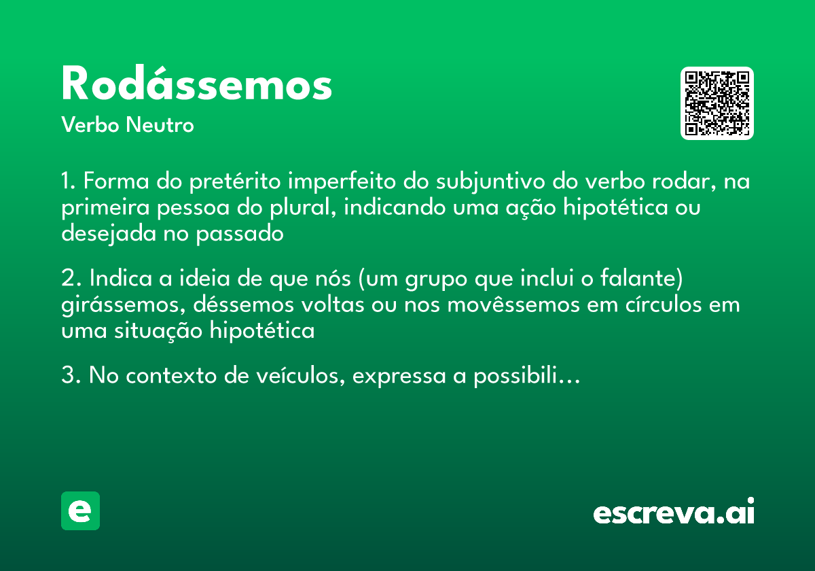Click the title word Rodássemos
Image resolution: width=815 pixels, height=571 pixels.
tap(196, 84)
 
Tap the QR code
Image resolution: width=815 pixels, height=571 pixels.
tap(717, 103)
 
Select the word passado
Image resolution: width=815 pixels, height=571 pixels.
tap(239, 233)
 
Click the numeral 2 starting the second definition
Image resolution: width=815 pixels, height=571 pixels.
tap(67, 280)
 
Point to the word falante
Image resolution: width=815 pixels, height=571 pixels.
tap(647, 280)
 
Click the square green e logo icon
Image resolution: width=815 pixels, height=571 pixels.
tap(80, 511)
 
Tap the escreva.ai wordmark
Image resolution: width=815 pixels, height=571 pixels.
tap(674, 513)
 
